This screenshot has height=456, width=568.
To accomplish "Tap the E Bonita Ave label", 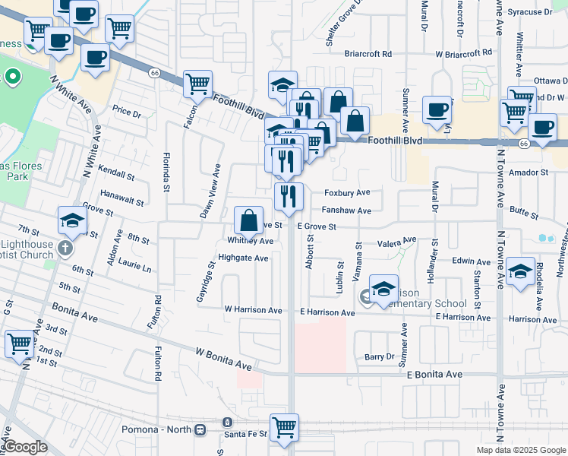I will click(434, 375).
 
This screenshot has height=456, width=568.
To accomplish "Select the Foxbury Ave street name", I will click(347, 193).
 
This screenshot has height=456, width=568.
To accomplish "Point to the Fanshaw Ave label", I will click(346, 211).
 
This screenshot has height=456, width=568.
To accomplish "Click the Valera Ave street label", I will click(398, 242).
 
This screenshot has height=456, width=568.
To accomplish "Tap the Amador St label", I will click(529, 173).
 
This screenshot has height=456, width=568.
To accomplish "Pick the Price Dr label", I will click(127, 111).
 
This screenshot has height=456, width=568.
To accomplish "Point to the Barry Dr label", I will click(380, 356).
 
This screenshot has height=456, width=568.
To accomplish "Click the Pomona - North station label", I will click(157, 429).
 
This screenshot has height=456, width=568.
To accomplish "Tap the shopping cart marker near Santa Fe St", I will click(285, 426).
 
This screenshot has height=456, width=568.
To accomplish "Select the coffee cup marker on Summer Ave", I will click(437, 109).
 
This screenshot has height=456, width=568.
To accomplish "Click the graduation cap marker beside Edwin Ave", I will click(521, 271).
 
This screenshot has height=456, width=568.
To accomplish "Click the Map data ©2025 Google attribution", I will click(521, 450).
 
